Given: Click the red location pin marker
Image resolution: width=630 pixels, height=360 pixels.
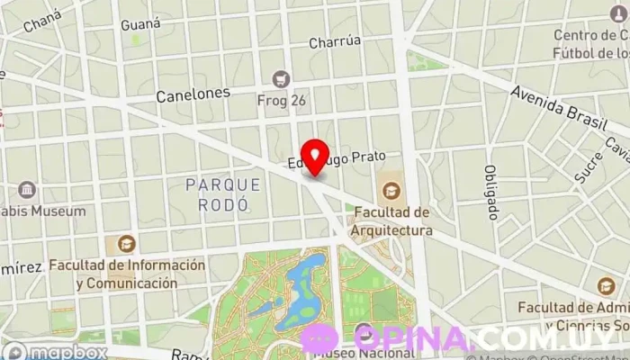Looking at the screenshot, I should tap(315, 157).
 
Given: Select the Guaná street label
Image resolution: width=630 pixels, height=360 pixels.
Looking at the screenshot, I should tap(140, 23).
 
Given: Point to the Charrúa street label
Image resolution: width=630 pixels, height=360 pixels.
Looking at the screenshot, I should tap(335, 41).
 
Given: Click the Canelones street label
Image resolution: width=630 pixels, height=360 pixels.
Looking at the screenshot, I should tap(193, 94).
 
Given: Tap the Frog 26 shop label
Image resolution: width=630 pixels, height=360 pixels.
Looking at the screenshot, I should tap(282, 101).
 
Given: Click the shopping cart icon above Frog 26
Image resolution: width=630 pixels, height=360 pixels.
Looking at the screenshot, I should tap(282, 79).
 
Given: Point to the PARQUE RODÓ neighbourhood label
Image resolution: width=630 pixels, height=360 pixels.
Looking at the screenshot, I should tap(222, 193).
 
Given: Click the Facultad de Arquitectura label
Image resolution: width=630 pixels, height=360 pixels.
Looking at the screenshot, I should tap(392, 221).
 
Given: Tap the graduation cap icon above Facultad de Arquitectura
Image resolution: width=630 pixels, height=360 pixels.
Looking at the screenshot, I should tap(391, 190).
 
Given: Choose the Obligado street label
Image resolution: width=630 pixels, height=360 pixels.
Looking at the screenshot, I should tap(491, 193).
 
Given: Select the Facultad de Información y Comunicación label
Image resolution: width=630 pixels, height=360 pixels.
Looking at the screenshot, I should tap(127, 274).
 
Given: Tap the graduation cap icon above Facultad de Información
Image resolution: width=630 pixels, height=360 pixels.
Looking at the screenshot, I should tap(126, 243).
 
